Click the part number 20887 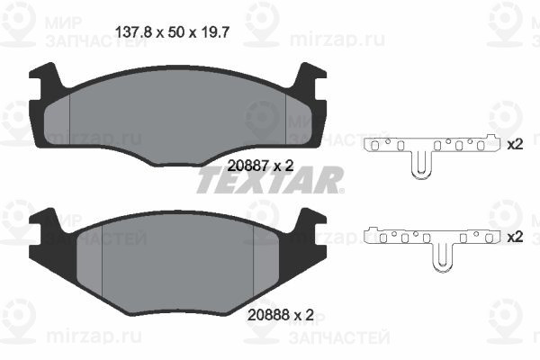247,164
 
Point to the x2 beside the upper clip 515,145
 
